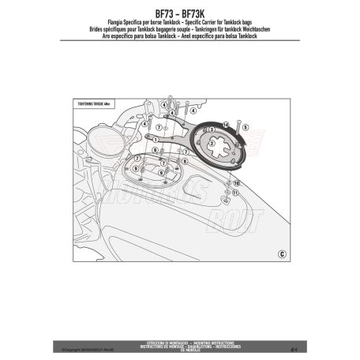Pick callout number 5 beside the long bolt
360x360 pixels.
click(x=246, y=126)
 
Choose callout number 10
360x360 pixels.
click(x=236, y=182)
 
